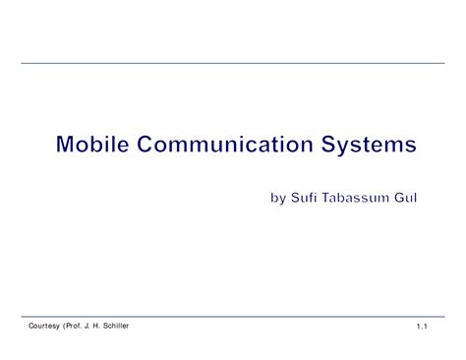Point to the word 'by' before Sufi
tap(278, 200)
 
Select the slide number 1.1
tap(423, 326)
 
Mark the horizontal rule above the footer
tap(233, 317)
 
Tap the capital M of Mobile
tap(66, 147)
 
